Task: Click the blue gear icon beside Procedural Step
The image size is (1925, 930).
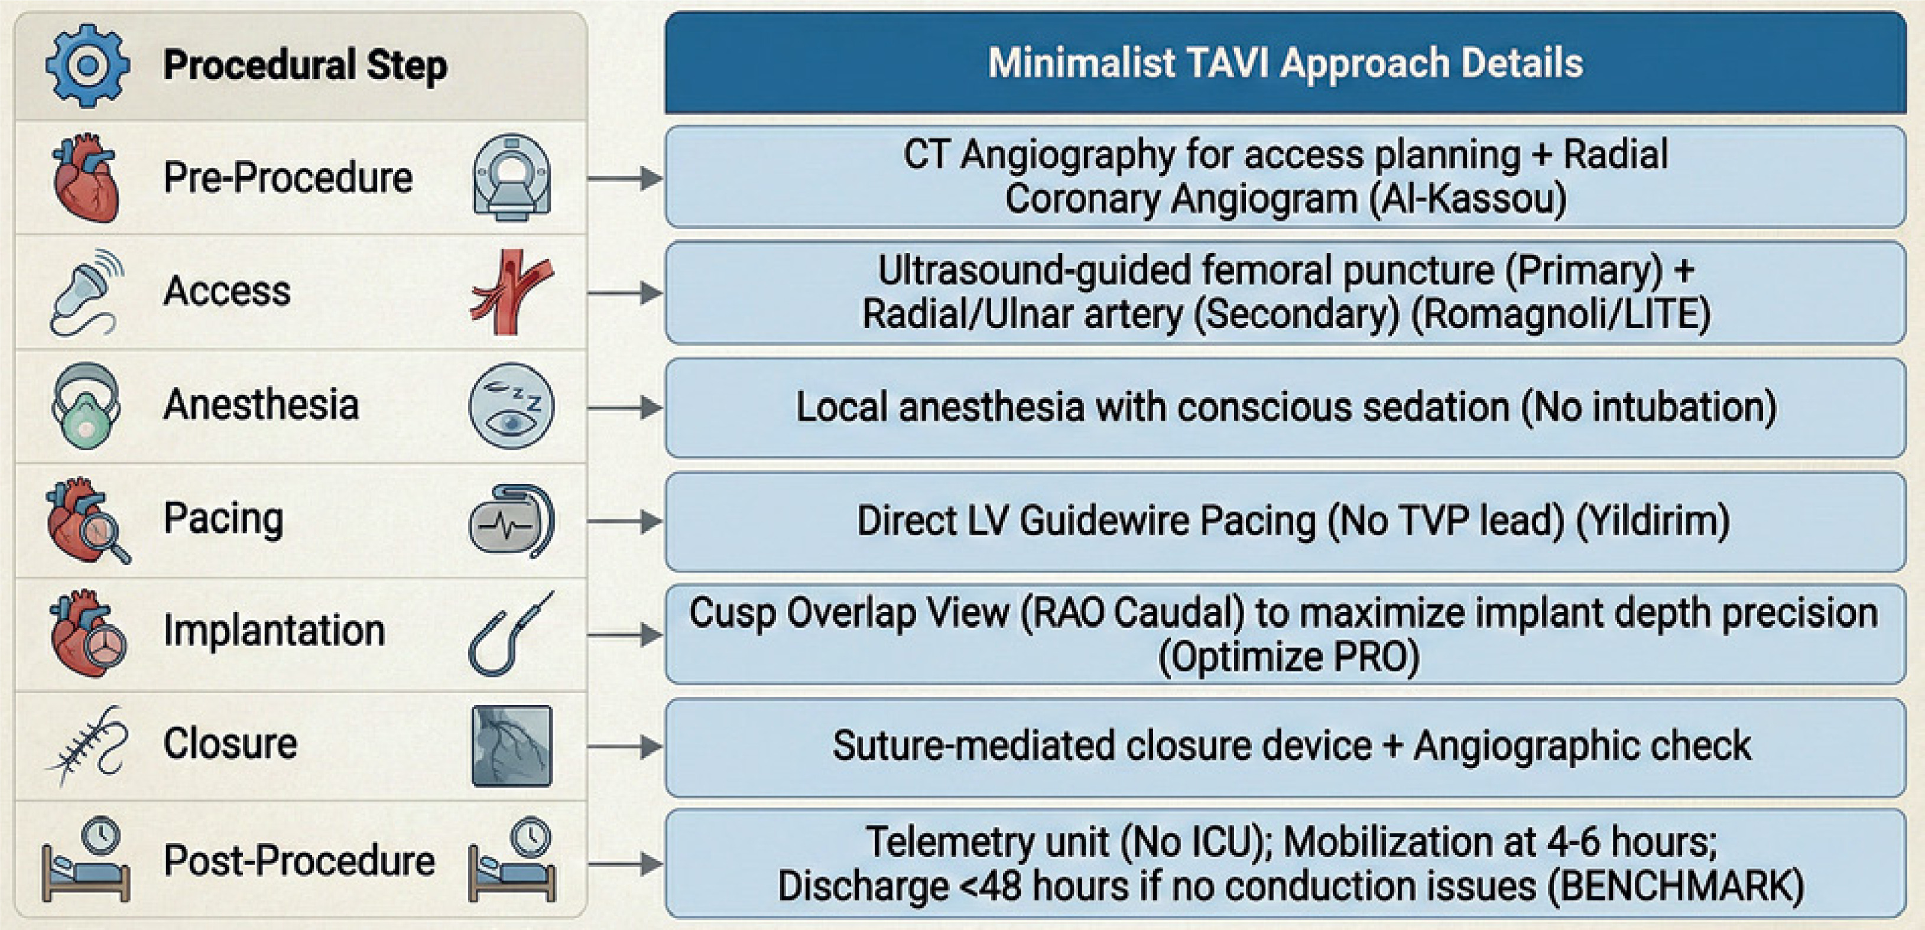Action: (88, 66)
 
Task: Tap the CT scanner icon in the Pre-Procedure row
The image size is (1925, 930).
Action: (512, 178)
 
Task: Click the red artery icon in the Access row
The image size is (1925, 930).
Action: (512, 292)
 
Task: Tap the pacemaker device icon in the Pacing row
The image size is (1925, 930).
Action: (512, 521)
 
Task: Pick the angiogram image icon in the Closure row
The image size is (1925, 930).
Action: (512, 746)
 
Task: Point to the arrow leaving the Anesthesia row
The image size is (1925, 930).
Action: (625, 408)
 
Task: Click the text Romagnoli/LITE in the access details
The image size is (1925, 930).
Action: (1561, 314)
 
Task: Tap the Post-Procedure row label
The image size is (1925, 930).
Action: (299, 860)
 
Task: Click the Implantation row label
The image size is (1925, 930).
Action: (274, 630)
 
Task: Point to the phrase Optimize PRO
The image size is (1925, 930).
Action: (1288, 658)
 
